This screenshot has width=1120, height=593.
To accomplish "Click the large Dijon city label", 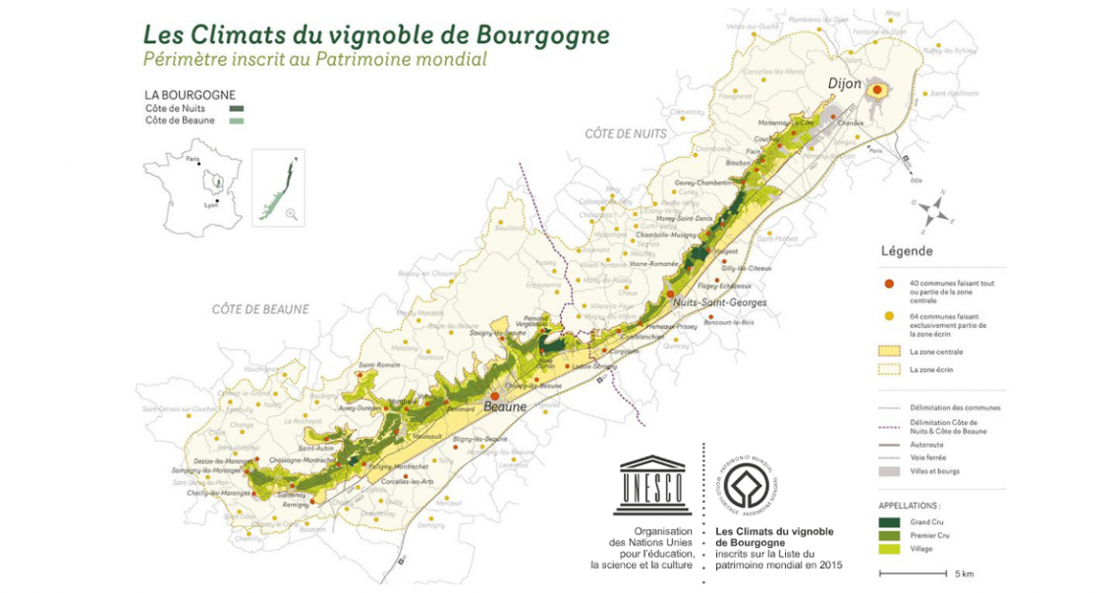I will point(845,84).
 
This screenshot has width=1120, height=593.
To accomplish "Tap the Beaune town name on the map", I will point(504,406).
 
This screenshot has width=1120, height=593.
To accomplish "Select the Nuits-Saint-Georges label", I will point(720,302).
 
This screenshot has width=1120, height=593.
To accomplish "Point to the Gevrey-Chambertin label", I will point(703,183).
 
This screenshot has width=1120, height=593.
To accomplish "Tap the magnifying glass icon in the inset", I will point(292,213).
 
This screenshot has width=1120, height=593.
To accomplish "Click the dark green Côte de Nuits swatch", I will point(237,108).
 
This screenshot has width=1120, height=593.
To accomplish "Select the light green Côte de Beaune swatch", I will point(237,121).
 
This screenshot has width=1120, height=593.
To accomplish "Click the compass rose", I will point(936,205).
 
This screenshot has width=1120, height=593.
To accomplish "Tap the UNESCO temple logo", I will point(652,485).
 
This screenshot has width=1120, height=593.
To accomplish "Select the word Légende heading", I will point(908,250).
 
